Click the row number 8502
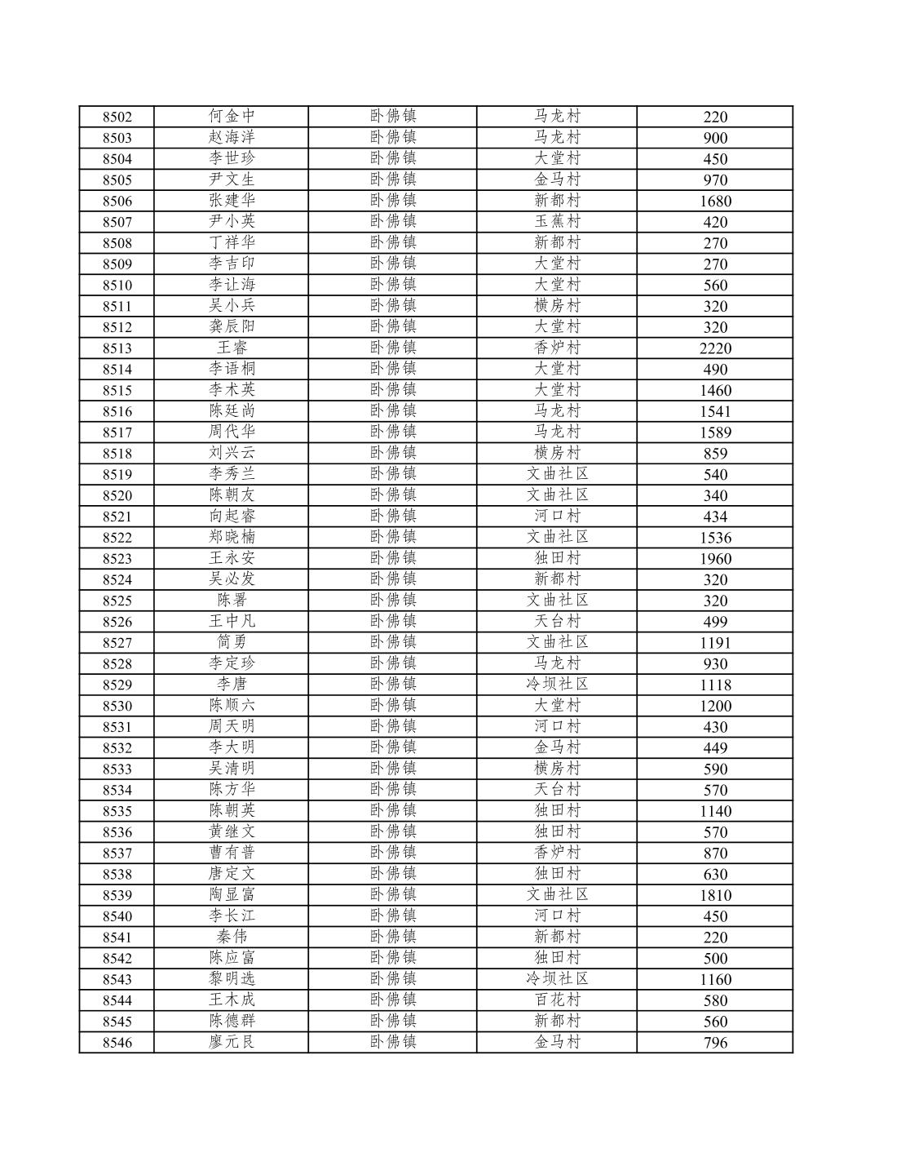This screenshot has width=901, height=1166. (117, 117)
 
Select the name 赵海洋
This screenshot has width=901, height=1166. (232, 137)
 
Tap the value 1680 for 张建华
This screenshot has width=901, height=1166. (715, 201)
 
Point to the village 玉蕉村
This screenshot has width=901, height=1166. (557, 221)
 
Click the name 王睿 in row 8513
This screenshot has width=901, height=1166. (232, 348)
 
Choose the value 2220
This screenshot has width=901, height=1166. (715, 348)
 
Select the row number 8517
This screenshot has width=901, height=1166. (117, 432)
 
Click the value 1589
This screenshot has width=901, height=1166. (715, 432)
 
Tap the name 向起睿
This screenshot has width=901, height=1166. (232, 516)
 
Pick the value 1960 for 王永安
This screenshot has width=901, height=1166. (715, 559)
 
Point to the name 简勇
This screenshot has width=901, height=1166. (232, 642)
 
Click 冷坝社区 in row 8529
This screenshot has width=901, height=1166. (557, 684)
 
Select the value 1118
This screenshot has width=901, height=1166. (715, 685)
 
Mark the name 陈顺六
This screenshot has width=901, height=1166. (232, 705)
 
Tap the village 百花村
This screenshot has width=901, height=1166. (557, 1000)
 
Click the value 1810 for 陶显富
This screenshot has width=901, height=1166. (715, 895)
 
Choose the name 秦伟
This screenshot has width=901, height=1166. (232, 937)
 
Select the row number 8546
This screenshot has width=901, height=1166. (117, 1043)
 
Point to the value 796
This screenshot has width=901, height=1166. (715, 1043)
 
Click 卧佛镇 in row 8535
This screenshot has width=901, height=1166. (393, 810)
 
